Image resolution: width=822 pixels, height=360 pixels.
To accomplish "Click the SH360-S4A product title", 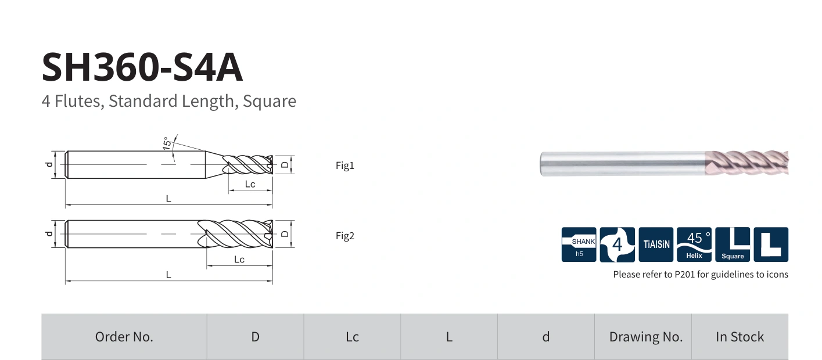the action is (142, 67).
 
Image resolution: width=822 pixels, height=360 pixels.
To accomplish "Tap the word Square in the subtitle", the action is (270, 101).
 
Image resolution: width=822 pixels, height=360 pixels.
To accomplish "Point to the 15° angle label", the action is (167, 143).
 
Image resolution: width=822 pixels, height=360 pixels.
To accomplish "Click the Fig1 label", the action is (345, 165).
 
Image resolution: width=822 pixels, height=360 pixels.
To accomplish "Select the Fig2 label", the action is (345, 236).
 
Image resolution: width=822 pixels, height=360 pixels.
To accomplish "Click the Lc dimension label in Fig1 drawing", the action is (250, 184).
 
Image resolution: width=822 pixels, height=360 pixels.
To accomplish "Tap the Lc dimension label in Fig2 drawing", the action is (239, 260).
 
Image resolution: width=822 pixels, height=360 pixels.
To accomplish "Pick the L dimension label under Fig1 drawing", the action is (168, 199).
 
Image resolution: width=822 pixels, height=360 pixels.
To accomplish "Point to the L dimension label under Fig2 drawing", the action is (168, 275).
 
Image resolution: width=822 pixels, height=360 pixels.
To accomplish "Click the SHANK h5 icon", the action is (579, 244).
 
